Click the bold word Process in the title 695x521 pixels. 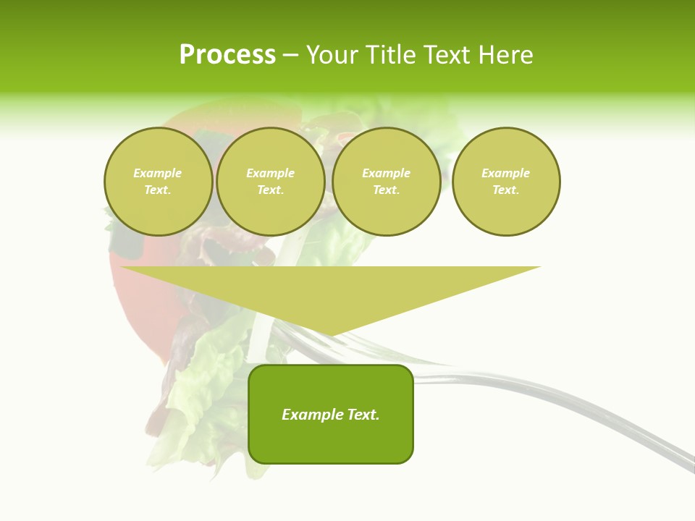[x=227, y=55]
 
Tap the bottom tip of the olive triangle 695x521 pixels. [x=330, y=334]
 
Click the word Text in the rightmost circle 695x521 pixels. [x=505, y=190]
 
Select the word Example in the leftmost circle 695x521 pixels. [x=158, y=173]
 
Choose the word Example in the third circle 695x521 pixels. [x=387, y=173]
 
